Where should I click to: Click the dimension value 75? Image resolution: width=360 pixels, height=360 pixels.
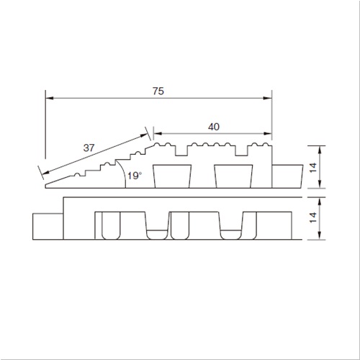click(158, 91)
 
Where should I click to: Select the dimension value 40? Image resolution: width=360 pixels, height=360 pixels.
click(214, 127)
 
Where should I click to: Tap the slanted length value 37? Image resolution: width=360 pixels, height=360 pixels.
click(89, 148)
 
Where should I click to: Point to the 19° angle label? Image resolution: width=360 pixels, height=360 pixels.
click(135, 176)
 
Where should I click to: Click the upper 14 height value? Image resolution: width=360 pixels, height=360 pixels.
click(313, 167)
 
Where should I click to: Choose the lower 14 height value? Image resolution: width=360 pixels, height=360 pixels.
click(313, 217)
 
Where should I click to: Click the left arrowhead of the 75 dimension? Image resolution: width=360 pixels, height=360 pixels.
click(49, 98)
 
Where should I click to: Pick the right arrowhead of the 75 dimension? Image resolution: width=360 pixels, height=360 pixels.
click(268, 98)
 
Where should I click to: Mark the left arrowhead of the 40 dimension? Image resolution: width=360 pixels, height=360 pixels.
click(157, 134)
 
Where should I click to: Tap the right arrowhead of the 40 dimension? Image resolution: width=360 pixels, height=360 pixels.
click(268, 134)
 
